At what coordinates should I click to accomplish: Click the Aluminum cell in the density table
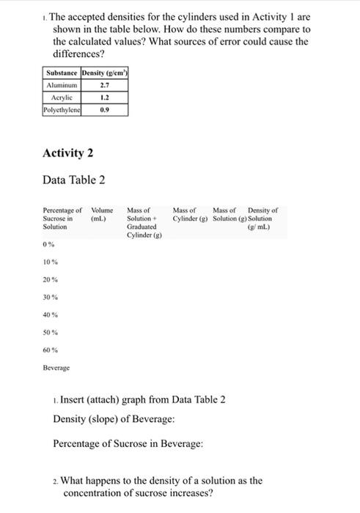click(x=62, y=85)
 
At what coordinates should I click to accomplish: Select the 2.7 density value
click(x=104, y=85)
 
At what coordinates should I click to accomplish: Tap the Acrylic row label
click(x=62, y=97)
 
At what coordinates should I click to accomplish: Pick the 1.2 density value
click(x=104, y=97)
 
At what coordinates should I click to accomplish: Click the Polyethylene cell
click(x=62, y=109)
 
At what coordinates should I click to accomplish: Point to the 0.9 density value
click(x=104, y=109)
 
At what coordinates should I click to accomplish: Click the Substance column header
click(x=62, y=73)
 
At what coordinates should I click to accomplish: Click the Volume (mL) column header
click(x=99, y=214)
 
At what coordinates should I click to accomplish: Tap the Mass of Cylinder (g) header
click(x=189, y=214)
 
